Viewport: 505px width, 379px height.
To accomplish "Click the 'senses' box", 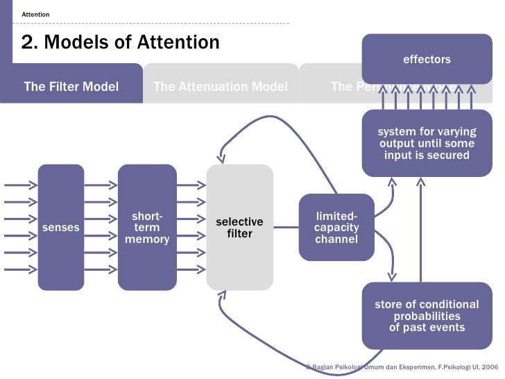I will point(61,227).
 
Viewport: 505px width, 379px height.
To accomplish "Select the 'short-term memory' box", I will point(147,227).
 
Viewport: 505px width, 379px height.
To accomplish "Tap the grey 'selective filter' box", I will point(239,227).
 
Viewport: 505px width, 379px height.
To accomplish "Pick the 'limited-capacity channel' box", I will point(336,227).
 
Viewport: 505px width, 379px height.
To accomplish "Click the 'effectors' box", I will point(427,59).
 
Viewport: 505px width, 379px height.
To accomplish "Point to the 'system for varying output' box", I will point(427,143).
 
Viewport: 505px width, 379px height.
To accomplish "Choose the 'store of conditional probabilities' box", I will point(427,316).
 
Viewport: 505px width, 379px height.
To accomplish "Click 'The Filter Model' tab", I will point(71,87).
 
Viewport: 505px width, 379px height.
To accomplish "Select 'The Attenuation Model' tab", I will point(220,87).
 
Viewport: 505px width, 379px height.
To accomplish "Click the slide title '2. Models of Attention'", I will point(121,43).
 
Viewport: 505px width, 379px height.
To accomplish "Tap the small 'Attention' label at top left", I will point(35,14).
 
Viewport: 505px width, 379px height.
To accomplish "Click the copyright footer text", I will point(402,365).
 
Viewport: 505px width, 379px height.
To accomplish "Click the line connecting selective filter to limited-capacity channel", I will point(286,227).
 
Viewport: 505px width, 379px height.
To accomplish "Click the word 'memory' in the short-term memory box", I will point(147,239).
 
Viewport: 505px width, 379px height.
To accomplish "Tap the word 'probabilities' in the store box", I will point(427,316).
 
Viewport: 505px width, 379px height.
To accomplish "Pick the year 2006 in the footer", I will point(489,365).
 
